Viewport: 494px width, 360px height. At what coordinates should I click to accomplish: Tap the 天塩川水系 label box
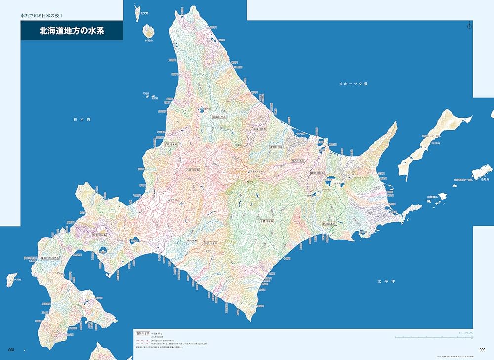(x=219, y=117)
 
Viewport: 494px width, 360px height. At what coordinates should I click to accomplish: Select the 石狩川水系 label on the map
(x=194, y=169)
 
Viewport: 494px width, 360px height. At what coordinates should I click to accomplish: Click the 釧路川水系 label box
(x=329, y=223)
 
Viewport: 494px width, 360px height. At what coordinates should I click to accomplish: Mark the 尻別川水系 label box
(x=100, y=236)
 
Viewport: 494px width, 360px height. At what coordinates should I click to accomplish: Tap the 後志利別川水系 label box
(x=50, y=257)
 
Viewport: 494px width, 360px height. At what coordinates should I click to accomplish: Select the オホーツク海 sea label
(x=353, y=84)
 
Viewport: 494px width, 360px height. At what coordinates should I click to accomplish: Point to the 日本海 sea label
(x=82, y=120)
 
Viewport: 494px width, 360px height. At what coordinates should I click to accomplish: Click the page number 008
(x=13, y=350)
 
